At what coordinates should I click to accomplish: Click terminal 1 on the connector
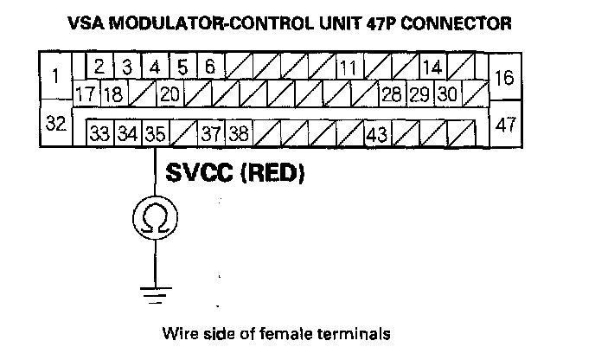[x=55, y=76]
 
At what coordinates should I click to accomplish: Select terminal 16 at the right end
[x=505, y=78]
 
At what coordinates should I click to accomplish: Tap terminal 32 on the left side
[x=55, y=124]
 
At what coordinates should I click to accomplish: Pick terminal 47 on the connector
[x=506, y=124]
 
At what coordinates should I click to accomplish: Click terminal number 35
[x=156, y=134]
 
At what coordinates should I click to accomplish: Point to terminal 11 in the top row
[x=348, y=68]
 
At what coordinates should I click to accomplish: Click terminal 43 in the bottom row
[x=376, y=134]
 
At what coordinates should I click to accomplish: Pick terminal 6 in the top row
[x=210, y=67]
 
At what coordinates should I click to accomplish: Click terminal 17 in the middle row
[x=85, y=93]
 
